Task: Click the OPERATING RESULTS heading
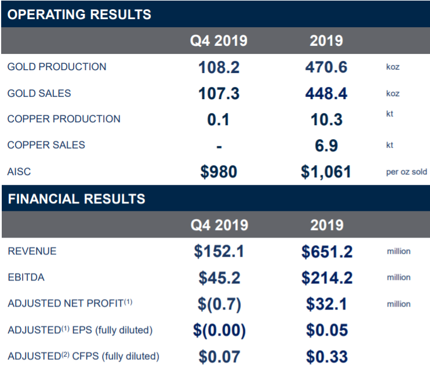[79, 14]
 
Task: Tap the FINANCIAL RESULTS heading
[76, 199]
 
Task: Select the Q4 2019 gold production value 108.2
[219, 67]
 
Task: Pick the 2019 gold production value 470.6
[326, 67]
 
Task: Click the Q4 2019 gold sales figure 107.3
[219, 93]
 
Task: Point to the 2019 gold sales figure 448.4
[326, 93]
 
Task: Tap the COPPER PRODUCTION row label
[64, 119]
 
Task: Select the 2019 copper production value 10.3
[326, 119]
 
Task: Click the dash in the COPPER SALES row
[219, 147]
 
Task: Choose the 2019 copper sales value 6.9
[326, 145]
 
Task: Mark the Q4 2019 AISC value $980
[219, 172]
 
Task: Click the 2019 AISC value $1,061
[326, 172]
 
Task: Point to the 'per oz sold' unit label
[406, 172]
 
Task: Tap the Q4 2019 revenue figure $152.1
[219, 251]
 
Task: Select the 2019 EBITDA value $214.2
[327, 278]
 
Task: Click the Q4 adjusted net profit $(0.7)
[220, 304]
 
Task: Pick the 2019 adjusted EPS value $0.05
[327, 330]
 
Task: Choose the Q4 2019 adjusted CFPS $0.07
[220, 356]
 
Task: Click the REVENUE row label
[32, 251]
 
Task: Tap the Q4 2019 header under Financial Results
[220, 225]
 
